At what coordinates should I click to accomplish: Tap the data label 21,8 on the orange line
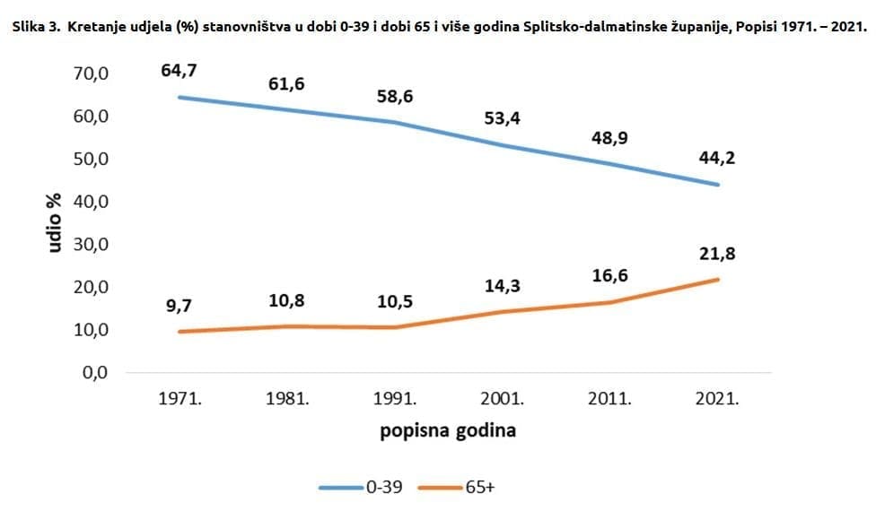(718, 254)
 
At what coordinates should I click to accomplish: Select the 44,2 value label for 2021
(718, 159)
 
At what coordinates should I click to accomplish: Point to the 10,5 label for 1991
(395, 301)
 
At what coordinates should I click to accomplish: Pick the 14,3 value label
(503, 286)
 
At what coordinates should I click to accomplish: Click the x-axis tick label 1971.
(180, 399)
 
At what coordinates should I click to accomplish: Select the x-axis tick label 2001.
(503, 399)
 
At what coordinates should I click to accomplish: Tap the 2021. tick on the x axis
(718, 399)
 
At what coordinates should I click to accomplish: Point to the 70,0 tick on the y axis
(90, 74)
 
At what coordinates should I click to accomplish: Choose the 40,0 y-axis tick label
(90, 202)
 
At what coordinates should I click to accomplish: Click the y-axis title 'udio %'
(56, 222)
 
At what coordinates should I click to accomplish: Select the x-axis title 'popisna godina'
(448, 430)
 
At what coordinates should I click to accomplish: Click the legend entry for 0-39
(360, 487)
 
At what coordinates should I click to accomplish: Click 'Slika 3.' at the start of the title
(34, 26)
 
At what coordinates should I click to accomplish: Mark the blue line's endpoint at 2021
(718, 185)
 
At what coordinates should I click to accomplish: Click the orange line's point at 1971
(180, 332)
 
